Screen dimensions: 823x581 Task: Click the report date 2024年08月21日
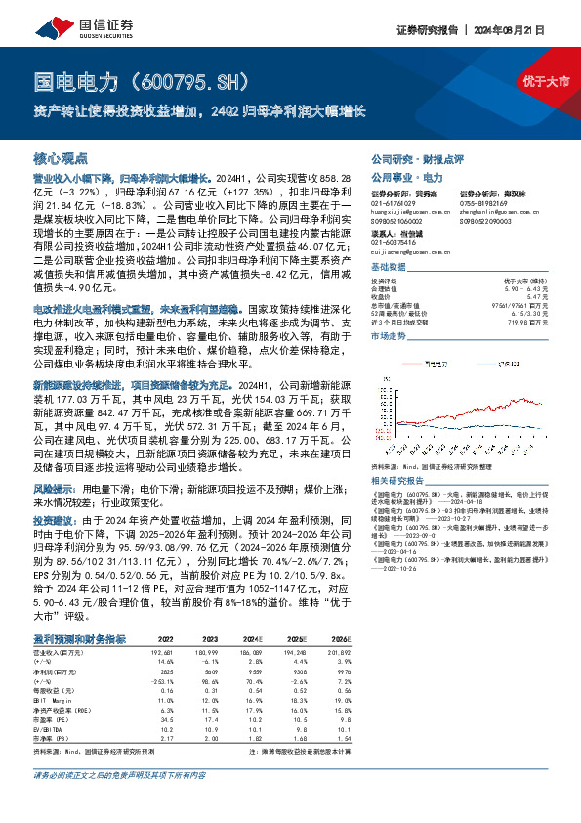click(x=526, y=30)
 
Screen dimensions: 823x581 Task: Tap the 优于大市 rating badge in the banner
click(x=546, y=80)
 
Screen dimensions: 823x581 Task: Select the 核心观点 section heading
click(x=61, y=157)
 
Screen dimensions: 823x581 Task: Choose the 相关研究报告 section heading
click(x=399, y=483)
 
